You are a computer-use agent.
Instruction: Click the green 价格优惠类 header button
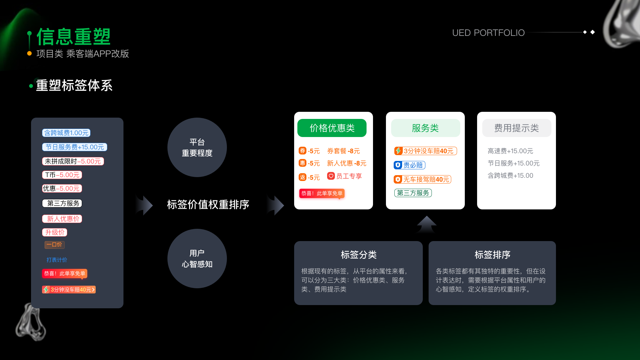coord(332,128)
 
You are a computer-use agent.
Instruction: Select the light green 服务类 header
coord(425,128)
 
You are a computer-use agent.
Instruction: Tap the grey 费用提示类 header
coord(516,128)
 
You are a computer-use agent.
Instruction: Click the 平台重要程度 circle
coord(197,147)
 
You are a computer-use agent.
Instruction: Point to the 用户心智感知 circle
coord(197,259)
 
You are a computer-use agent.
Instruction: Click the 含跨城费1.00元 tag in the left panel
coord(66,133)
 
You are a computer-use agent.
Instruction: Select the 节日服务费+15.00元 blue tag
coord(74,147)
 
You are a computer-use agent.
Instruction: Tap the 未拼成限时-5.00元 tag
coord(73,161)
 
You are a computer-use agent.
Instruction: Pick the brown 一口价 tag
coord(54,245)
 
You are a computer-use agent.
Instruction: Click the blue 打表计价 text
coord(57,260)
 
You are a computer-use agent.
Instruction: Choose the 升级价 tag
coord(54,232)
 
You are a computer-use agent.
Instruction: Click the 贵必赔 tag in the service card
coord(409,165)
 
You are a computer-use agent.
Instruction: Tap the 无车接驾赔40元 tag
coord(422,179)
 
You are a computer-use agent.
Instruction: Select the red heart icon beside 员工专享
coord(331,176)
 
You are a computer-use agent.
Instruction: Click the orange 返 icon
coord(302,177)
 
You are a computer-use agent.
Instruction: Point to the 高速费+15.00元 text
coord(510,151)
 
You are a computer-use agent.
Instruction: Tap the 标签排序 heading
coord(492,255)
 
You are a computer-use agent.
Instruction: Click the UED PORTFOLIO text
coord(488,33)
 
